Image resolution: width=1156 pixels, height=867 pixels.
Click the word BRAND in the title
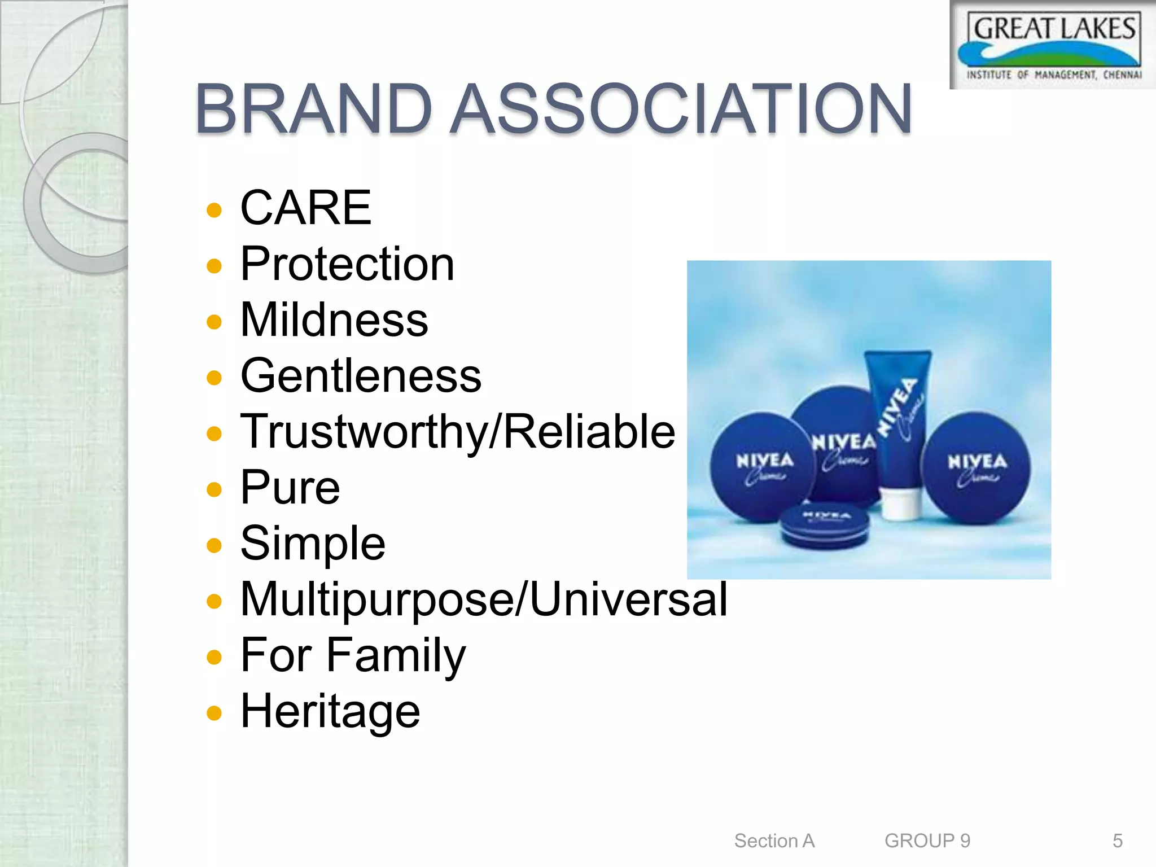[314, 108]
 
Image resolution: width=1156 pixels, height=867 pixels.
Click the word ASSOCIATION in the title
[681, 108]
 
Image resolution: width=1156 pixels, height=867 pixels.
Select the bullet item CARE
[305, 208]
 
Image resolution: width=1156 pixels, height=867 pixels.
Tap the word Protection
[347, 264]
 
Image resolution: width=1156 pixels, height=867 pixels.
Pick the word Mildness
[334, 319]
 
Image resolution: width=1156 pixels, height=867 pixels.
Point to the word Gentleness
[361, 375]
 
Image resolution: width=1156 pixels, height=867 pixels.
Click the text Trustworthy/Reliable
[458, 431]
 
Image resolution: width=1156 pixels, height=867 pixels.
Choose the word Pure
[290, 487]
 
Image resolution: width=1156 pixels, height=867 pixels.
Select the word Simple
[313, 543]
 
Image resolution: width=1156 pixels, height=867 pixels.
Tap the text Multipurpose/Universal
[484, 599]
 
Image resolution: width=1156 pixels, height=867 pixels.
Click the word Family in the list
[396, 655]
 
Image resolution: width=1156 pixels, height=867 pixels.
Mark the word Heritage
[330, 711]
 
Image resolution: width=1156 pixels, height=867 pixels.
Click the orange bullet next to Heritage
[214, 713]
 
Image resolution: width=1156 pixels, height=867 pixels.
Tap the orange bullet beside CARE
[214, 210]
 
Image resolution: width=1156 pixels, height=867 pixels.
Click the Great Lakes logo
[1053, 45]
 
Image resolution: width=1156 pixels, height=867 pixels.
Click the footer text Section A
[774, 840]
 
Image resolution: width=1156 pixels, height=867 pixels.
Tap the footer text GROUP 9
[927, 840]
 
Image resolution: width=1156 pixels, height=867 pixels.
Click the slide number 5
[1117, 840]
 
